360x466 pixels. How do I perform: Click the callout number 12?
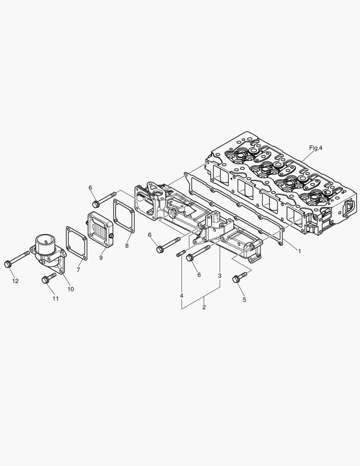pyautogui.click(x=16, y=281)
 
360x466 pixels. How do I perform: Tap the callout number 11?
pyautogui.click(x=55, y=299)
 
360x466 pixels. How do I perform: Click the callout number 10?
pyautogui.click(x=70, y=289)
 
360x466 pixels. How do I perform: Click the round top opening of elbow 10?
pyautogui.click(x=45, y=238)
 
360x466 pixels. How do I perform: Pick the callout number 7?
pyautogui.click(x=78, y=270)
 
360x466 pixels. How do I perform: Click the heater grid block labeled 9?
pyautogui.click(x=100, y=228)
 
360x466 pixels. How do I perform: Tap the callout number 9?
pyautogui.click(x=100, y=258)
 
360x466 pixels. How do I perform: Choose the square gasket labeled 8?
pyautogui.click(x=125, y=216)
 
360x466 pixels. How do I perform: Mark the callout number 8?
pyautogui.click(x=127, y=246)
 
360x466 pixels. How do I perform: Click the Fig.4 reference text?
pyautogui.click(x=316, y=148)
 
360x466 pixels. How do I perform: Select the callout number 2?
pyautogui.click(x=204, y=307)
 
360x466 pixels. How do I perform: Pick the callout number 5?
pyautogui.click(x=244, y=299)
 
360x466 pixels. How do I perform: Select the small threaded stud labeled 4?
pyautogui.click(x=180, y=254)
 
